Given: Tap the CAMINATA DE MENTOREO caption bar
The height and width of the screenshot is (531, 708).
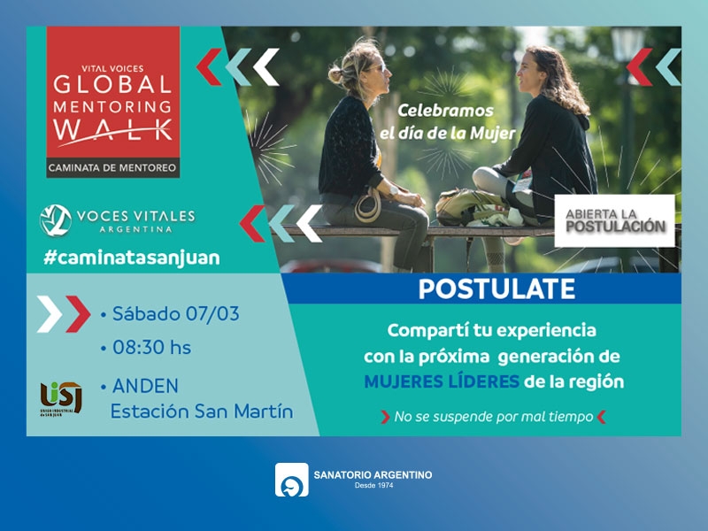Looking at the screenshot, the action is (x=113, y=168).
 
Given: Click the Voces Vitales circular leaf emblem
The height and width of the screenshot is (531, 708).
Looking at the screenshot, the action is (x=56, y=220).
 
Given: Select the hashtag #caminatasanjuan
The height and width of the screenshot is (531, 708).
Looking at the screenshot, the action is (x=132, y=258).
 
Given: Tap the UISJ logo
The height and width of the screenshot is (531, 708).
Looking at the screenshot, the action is (x=61, y=399).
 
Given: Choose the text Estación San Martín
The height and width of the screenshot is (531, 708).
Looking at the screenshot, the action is (x=202, y=412).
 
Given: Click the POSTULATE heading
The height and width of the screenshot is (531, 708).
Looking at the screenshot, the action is (x=496, y=289).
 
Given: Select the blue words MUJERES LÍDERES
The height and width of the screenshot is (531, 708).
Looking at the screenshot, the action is (x=442, y=382).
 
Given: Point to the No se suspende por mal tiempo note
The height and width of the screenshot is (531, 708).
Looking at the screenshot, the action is (x=494, y=417).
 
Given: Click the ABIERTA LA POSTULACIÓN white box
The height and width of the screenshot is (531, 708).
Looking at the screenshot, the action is (x=614, y=220).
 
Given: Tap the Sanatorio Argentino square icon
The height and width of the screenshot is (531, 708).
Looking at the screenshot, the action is (x=292, y=480).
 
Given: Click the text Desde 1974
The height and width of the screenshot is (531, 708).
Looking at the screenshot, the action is (x=373, y=485).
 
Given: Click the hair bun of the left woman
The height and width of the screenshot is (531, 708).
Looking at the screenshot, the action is (x=335, y=74).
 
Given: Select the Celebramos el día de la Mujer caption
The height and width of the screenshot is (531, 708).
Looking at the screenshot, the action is (x=447, y=122).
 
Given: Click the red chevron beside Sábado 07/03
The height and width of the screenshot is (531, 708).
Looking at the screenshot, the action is (x=78, y=314).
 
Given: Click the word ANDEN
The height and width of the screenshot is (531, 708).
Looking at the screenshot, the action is (x=145, y=386).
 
